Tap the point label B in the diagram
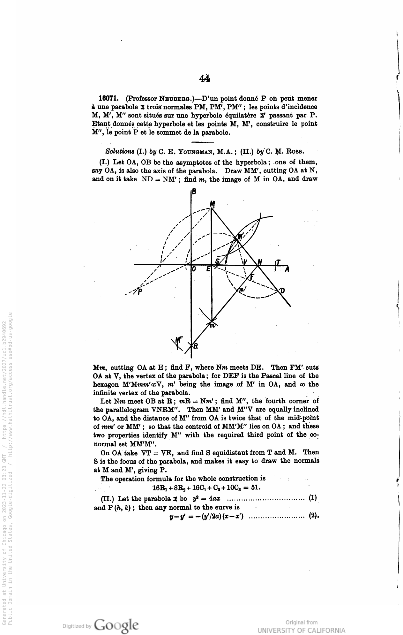(194, 192)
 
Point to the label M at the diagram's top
(212, 203)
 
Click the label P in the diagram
(139, 292)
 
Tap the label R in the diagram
(196, 346)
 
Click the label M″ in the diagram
(179, 340)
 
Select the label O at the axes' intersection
(193, 269)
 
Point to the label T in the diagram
(278, 262)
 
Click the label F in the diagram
(252, 277)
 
